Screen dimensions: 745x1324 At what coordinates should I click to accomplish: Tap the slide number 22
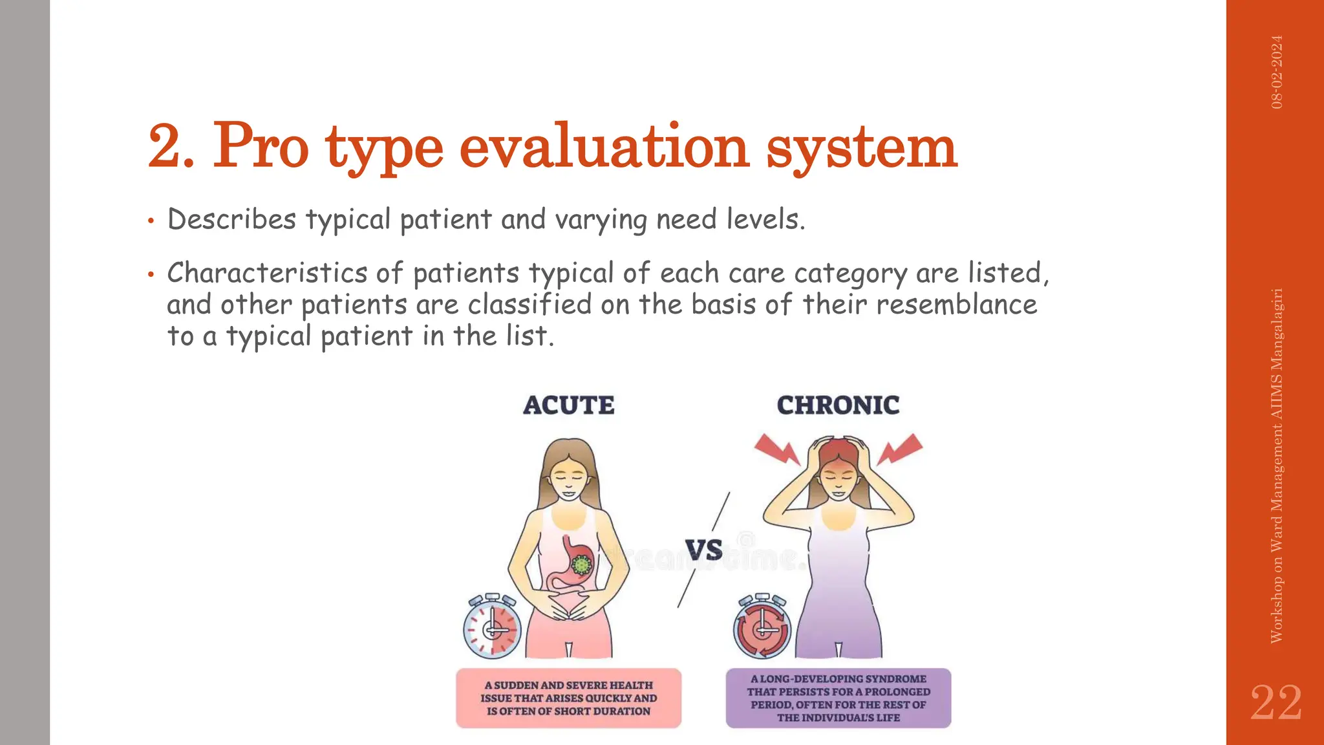pyautogui.click(x=1276, y=702)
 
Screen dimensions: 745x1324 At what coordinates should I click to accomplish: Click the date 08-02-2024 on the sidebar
pyautogui.click(x=1277, y=72)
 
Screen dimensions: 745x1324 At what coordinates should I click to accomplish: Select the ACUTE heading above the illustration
pyautogui.click(x=568, y=405)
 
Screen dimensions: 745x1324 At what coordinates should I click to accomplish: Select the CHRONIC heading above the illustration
pyautogui.click(x=838, y=405)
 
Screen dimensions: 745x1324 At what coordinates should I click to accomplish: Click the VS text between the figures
pyautogui.click(x=703, y=550)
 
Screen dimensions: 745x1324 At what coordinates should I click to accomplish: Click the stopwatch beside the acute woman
pyautogui.click(x=492, y=627)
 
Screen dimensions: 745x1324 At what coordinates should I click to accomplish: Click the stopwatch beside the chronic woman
pyautogui.click(x=762, y=627)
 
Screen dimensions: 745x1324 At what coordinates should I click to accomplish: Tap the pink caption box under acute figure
pyautogui.click(x=568, y=698)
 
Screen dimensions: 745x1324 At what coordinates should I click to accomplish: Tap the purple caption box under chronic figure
pyautogui.click(x=838, y=698)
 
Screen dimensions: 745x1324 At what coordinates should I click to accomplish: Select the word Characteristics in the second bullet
pyautogui.click(x=267, y=273)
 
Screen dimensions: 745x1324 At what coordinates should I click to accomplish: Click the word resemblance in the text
pyautogui.click(x=956, y=305)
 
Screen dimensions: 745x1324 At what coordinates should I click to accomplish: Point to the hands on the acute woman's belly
pyautogui.click(x=568, y=608)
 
